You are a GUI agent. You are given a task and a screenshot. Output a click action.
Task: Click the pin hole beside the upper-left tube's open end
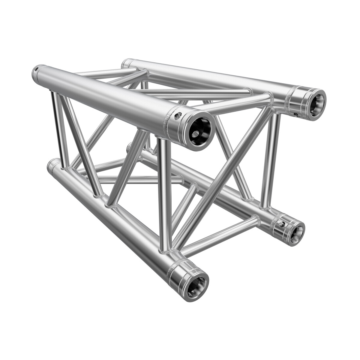(179, 114)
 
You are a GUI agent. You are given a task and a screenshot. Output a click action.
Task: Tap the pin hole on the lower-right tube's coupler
(281, 224)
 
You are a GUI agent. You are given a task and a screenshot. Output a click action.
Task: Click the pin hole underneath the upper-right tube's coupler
(296, 114)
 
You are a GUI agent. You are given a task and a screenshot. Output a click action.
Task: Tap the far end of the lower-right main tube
(130, 146)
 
